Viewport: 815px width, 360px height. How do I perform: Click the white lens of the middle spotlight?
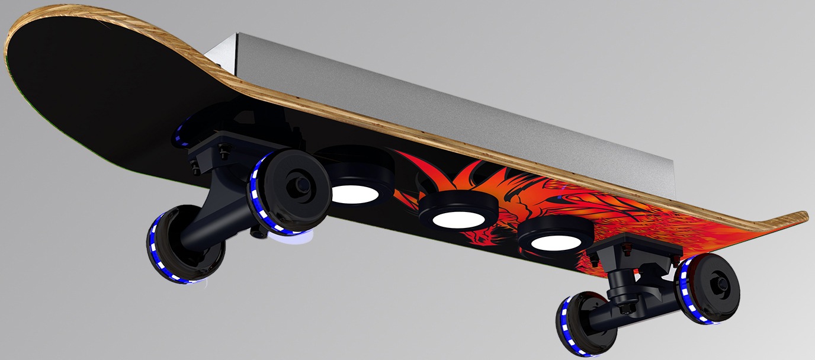click(x=458, y=219)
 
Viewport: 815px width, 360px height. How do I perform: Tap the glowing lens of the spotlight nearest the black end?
click(x=355, y=194)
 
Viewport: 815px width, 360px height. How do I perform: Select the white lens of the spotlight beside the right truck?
click(x=555, y=242)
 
